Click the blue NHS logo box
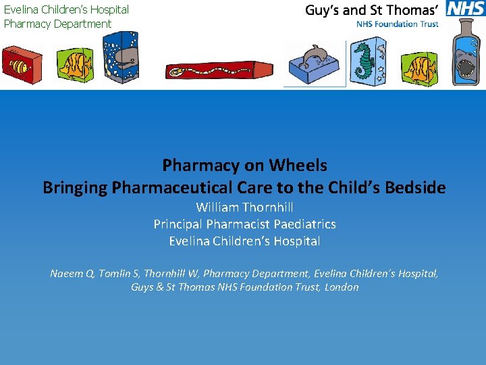pos(465,9)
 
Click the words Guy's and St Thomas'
pos(372,9)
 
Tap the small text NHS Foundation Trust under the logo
pos(398,24)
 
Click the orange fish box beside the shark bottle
pos(419,66)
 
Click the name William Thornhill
pos(244,208)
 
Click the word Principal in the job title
pos(178,224)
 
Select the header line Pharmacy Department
pos(57,24)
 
